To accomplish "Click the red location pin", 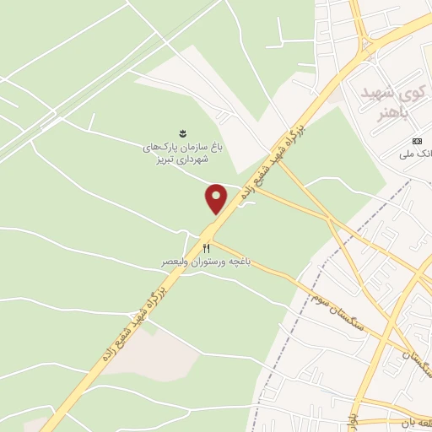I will [x=216, y=197].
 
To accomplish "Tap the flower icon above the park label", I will [x=180, y=132].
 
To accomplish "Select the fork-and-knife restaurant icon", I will [x=206, y=248].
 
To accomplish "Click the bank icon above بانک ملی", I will [x=416, y=140].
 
